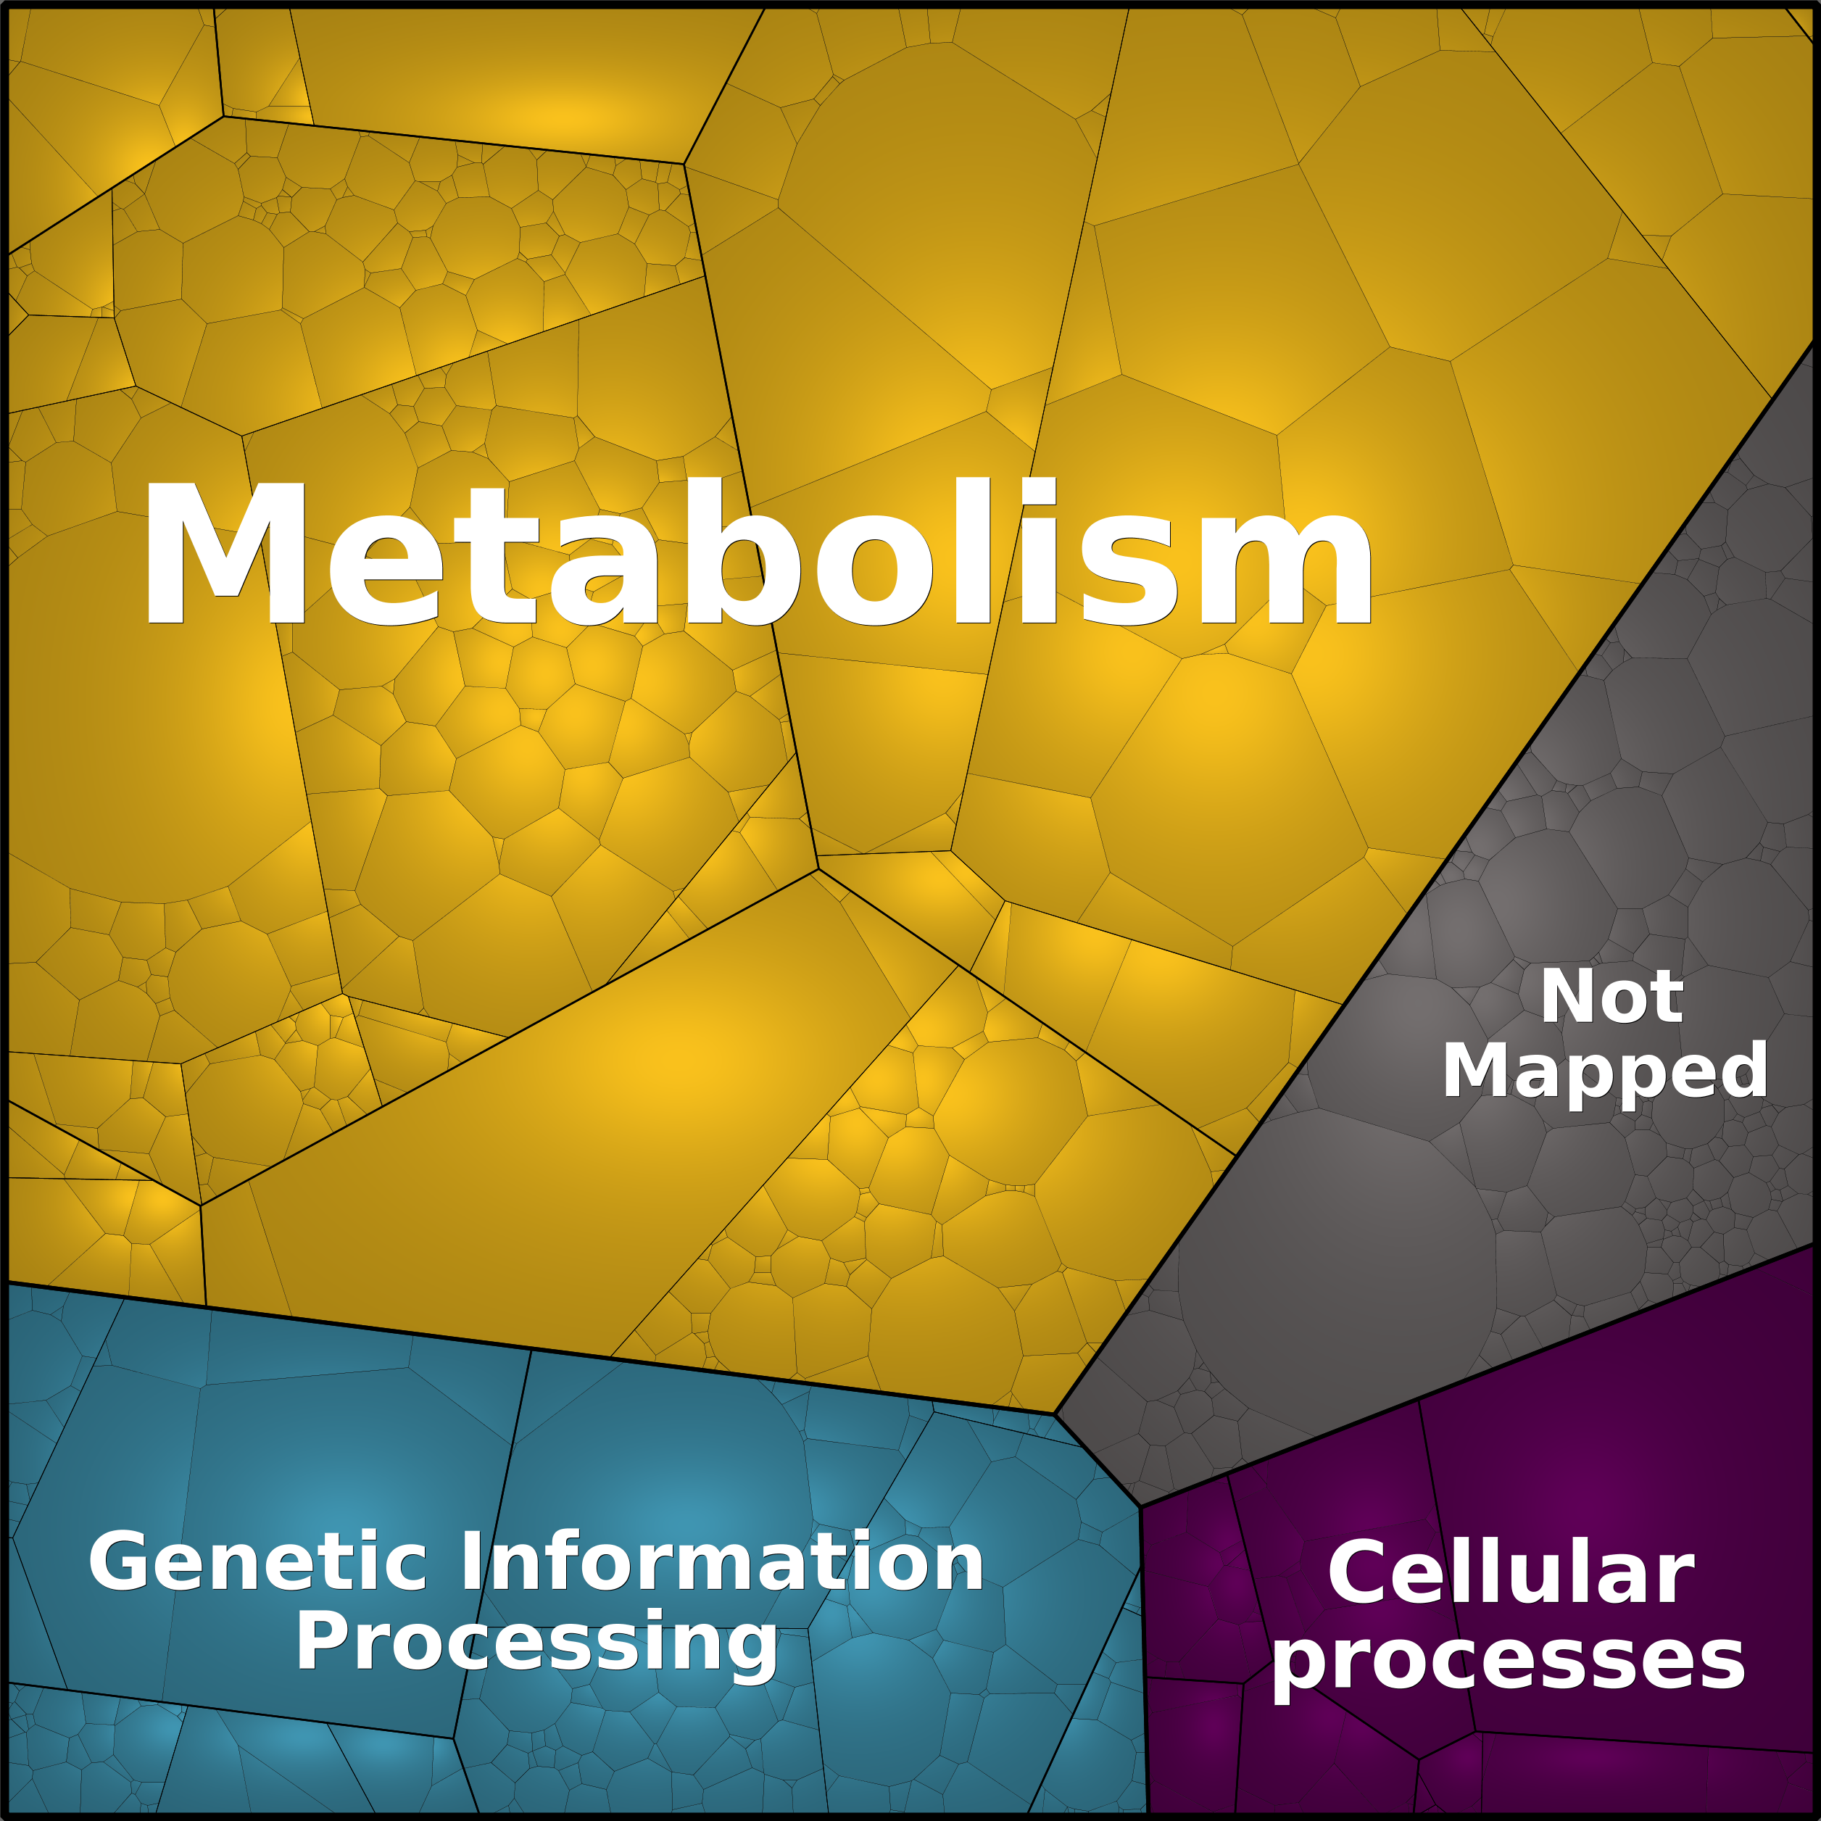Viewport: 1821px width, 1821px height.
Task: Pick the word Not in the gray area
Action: click(x=1611, y=996)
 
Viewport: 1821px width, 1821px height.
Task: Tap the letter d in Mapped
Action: click(x=1740, y=1068)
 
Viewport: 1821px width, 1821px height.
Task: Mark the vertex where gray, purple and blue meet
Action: click(x=1140, y=1506)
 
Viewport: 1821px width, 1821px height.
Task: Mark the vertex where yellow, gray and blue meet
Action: click(x=1054, y=1414)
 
